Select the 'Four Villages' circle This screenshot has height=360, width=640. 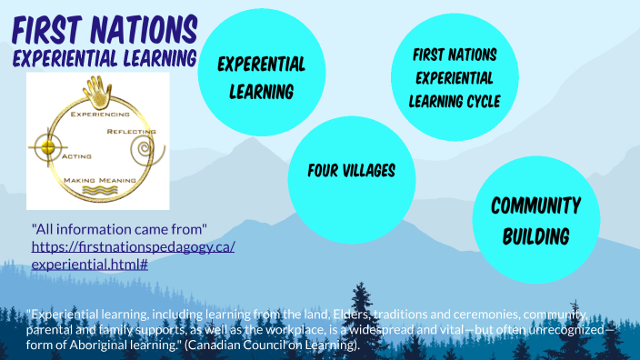tap(350, 171)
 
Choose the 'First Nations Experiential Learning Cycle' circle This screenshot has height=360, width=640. tap(455, 77)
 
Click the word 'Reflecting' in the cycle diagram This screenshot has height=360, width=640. tap(131, 133)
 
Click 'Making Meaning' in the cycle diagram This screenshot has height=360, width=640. tap(99, 182)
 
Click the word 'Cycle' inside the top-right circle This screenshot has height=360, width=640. tap(478, 101)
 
